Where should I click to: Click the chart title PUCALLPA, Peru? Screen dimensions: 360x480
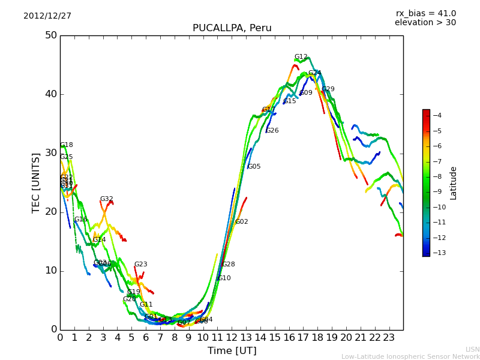[232, 28]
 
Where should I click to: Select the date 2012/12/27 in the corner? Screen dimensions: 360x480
[47, 16]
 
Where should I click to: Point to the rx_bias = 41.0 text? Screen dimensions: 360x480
[425, 13]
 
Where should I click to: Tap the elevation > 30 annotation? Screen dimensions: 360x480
[425, 23]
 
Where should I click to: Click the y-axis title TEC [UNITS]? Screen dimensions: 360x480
[36, 182]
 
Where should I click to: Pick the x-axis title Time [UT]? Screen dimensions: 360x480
[232, 351]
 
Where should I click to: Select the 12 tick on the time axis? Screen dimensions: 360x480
[232, 338]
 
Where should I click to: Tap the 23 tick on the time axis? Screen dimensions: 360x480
[389, 338]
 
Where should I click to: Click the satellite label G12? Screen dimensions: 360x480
[301, 57]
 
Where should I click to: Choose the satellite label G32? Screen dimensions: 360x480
[106, 199]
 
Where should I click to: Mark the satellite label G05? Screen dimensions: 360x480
[254, 167]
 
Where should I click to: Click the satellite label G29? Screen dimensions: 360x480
[328, 89]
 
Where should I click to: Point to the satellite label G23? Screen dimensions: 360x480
[140, 265]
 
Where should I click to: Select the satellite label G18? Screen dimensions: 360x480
[66, 145]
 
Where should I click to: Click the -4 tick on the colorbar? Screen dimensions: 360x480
[437, 115]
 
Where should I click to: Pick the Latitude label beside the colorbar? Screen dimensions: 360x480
[454, 182]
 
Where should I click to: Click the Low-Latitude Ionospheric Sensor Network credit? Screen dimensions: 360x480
[410, 357]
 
